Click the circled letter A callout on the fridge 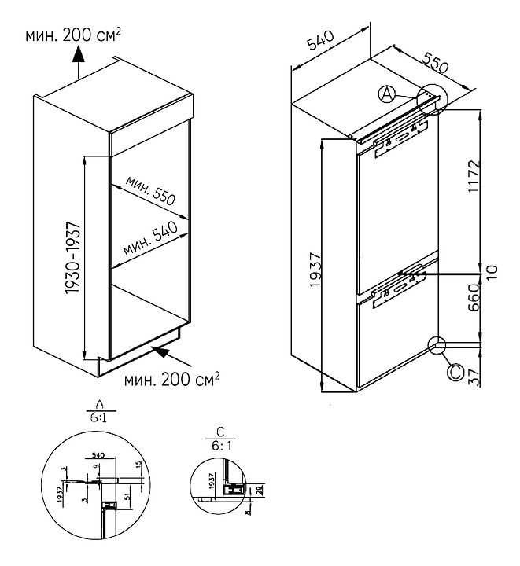[387, 94]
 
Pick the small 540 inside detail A [99, 454]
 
